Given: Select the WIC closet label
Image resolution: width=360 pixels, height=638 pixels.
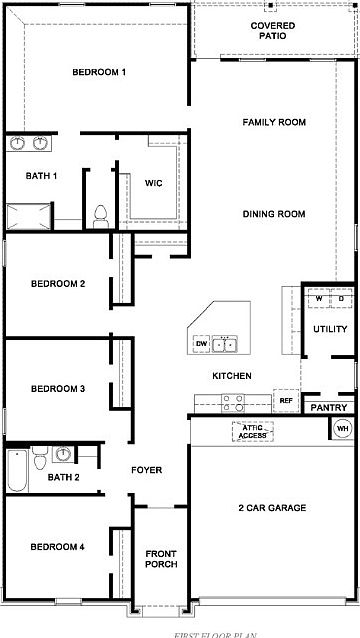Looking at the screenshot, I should (x=153, y=183).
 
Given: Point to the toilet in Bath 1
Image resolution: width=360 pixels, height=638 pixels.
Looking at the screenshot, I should (x=100, y=213).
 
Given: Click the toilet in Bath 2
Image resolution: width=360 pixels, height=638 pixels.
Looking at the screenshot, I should (x=39, y=460).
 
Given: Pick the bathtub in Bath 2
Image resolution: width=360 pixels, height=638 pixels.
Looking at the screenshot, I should (x=17, y=470).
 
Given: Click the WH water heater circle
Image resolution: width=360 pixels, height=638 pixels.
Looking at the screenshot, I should (x=342, y=428).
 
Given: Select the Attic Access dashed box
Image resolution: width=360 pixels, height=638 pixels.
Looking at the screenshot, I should (x=251, y=432).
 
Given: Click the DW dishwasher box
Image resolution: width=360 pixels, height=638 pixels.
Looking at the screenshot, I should (x=201, y=344).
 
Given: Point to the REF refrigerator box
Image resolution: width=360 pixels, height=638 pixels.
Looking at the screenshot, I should (x=286, y=400).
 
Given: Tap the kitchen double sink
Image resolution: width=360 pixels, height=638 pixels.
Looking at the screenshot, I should (x=227, y=345).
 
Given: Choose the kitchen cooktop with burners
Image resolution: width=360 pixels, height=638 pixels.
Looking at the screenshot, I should (x=232, y=402).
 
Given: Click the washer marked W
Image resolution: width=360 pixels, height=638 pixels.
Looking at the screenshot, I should (x=319, y=298).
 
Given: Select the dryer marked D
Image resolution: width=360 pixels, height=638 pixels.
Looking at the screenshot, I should (x=340, y=298).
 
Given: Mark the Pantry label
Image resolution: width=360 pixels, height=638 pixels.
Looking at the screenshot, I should (x=328, y=408).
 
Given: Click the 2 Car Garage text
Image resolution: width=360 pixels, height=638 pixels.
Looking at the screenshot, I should (x=272, y=508).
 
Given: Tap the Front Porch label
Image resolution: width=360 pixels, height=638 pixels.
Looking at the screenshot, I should (x=161, y=559).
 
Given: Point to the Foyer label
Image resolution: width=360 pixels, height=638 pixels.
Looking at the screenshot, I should (x=146, y=469).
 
